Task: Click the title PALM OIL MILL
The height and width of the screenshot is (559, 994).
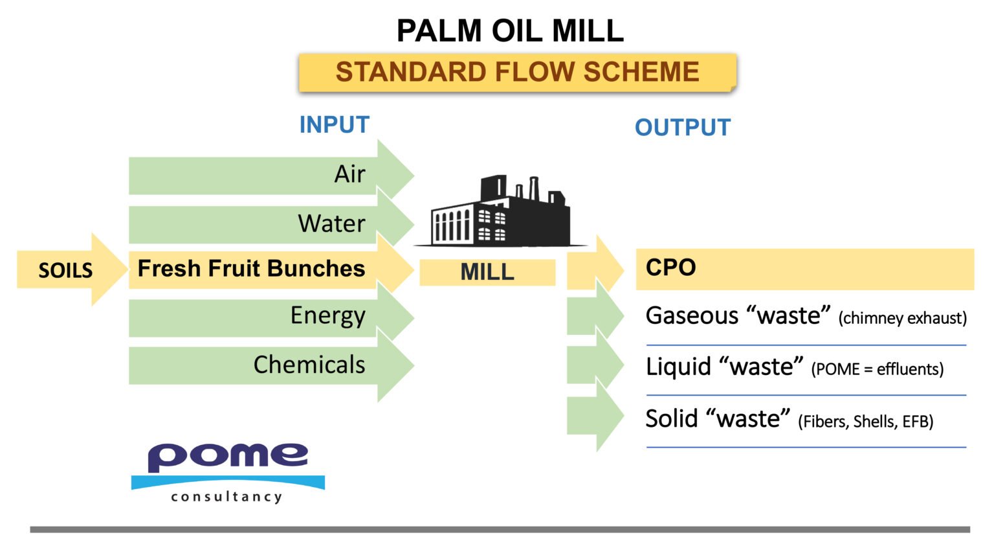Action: pyautogui.click(x=510, y=30)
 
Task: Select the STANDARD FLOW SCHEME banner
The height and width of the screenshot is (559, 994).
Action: pyautogui.click(x=516, y=72)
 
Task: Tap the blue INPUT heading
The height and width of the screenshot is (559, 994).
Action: pyautogui.click(x=334, y=124)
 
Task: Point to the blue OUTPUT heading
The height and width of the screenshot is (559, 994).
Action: pyautogui.click(x=683, y=128)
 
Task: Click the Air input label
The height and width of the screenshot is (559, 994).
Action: pyautogui.click(x=349, y=174)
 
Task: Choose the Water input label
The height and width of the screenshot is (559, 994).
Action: pyautogui.click(x=331, y=223)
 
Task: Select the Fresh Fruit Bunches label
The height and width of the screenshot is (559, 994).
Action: pyautogui.click(x=251, y=268)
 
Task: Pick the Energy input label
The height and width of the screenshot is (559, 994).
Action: pyautogui.click(x=327, y=315)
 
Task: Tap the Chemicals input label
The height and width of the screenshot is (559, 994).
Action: pyautogui.click(x=309, y=365)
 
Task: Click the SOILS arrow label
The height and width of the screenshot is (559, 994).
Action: pyautogui.click(x=65, y=270)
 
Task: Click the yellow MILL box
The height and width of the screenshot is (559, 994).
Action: pyautogui.click(x=487, y=272)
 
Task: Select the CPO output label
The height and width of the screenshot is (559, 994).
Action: pyautogui.click(x=671, y=268)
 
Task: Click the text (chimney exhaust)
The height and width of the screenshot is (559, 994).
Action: pyautogui.click(x=902, y=318)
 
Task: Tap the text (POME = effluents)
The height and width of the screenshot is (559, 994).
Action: pyautogui.click(x=877, y=369)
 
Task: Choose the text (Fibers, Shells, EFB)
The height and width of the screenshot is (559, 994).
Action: pyautogui.click(x=865, y=422)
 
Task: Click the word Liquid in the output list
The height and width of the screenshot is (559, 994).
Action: pyautogui.click(x=678, y=367)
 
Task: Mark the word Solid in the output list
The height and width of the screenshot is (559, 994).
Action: pyautogui.click(x=672, y=418)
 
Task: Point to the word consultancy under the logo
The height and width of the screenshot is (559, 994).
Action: pyautogui.click(x=226, y=497)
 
